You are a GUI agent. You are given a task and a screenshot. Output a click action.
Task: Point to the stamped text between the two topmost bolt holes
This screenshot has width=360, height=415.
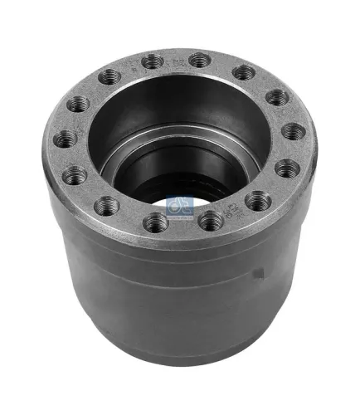click(176, 59)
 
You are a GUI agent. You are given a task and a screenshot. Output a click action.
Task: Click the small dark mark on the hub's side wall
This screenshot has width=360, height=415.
click(260, 273)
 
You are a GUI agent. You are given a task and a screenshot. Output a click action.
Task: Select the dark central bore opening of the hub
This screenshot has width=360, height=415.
click(178, 166)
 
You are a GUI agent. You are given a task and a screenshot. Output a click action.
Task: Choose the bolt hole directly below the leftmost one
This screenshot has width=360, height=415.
click(74, 174)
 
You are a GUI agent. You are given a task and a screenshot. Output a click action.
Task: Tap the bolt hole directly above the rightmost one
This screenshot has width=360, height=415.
click(277, 98)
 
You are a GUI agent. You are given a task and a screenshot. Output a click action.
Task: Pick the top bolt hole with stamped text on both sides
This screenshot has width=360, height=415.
click(152, 61)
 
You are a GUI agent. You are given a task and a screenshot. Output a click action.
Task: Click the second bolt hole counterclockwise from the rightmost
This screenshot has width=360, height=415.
click(242, 73)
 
